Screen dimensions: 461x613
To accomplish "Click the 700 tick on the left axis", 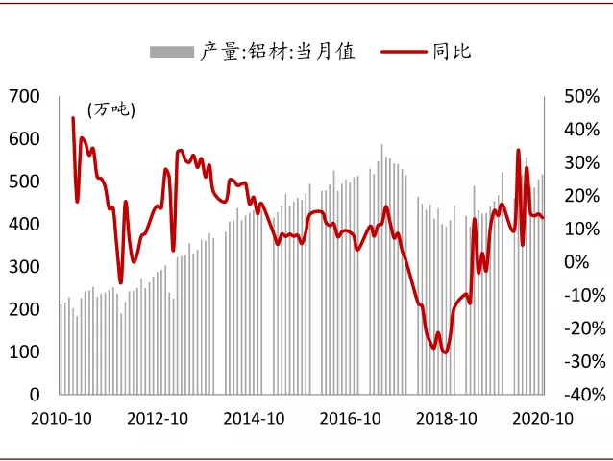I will click(23, 96).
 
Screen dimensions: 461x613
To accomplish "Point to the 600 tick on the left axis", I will click(23, 138).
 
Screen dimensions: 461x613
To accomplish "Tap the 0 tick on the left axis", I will click(34, 394).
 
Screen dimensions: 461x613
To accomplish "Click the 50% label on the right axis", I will click(581, 96).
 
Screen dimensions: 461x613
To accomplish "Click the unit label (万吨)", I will click(111, 109).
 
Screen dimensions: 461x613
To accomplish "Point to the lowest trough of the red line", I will click(445, 352).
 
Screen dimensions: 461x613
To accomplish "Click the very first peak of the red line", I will click(73, 118).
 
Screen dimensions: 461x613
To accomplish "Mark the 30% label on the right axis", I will click(581, 162).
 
